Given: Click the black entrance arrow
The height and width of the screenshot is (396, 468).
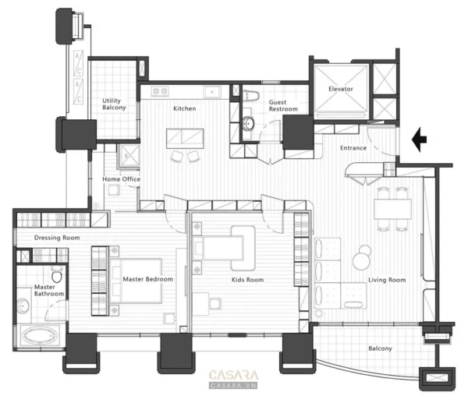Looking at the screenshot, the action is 420,140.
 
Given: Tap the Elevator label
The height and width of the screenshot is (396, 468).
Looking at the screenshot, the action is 341,89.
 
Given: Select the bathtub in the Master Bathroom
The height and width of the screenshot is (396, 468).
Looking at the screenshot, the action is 40,336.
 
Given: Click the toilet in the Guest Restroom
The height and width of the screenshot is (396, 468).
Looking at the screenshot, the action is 250,96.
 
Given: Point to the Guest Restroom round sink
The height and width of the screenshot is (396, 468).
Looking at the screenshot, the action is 248,123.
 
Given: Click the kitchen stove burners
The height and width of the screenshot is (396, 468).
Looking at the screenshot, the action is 160,91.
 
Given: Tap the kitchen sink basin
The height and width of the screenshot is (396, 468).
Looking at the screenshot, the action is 212,92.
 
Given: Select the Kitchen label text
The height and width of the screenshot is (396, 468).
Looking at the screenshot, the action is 185,108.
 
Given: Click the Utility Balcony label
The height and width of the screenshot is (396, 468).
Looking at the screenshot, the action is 114,104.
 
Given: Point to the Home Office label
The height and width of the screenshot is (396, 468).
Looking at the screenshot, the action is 121,179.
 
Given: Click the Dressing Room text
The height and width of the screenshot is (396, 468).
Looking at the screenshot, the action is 57,238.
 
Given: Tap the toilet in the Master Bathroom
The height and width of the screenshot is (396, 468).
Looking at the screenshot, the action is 57,274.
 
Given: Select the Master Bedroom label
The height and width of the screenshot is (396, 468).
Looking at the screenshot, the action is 148,279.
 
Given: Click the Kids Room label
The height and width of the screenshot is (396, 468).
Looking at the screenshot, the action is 248,280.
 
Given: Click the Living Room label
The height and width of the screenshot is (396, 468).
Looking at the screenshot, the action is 387,280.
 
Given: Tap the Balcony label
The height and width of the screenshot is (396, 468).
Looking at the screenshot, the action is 380,348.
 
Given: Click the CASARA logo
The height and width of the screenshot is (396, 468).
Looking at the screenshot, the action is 233,380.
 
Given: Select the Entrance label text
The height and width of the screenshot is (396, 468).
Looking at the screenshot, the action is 353,148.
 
